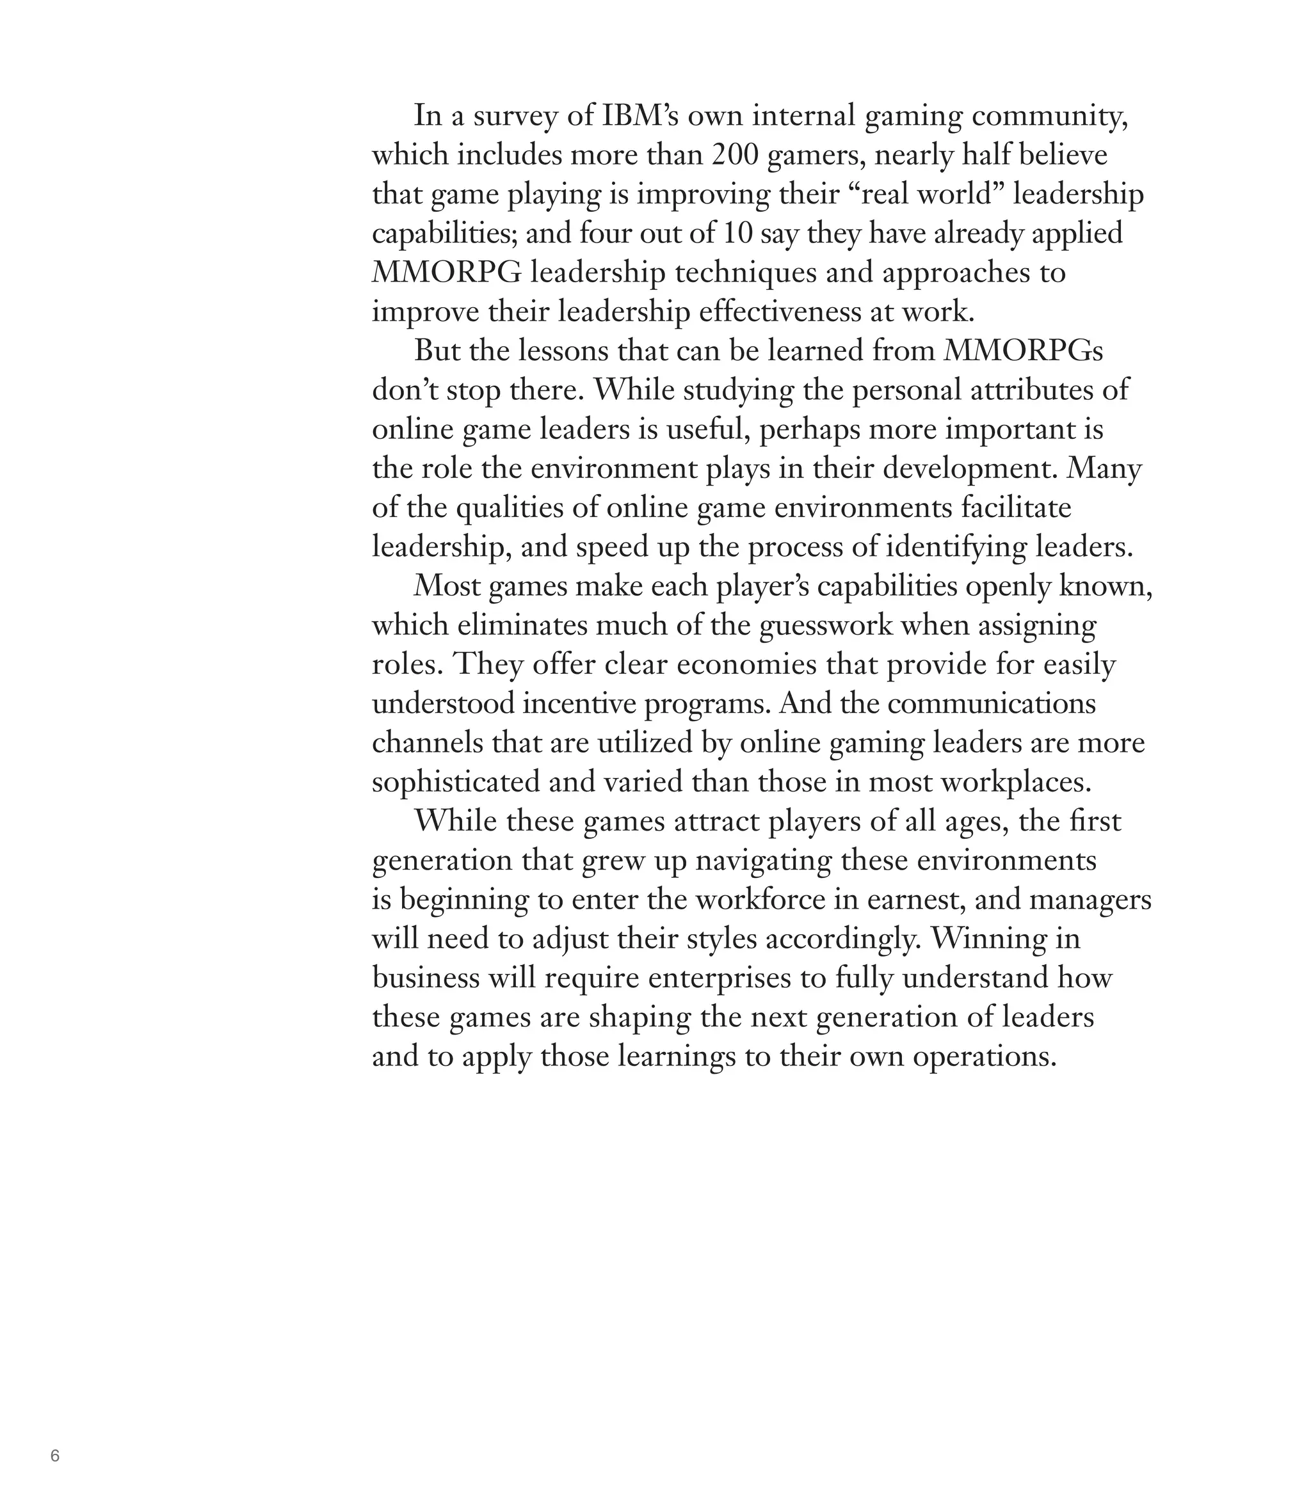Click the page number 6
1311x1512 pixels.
pyautogui.click(x=55, y=1455)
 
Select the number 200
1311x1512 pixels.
pyautogui.click(x=734, y=155)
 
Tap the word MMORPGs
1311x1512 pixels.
pyautogui.click(x=1023, y=352)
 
